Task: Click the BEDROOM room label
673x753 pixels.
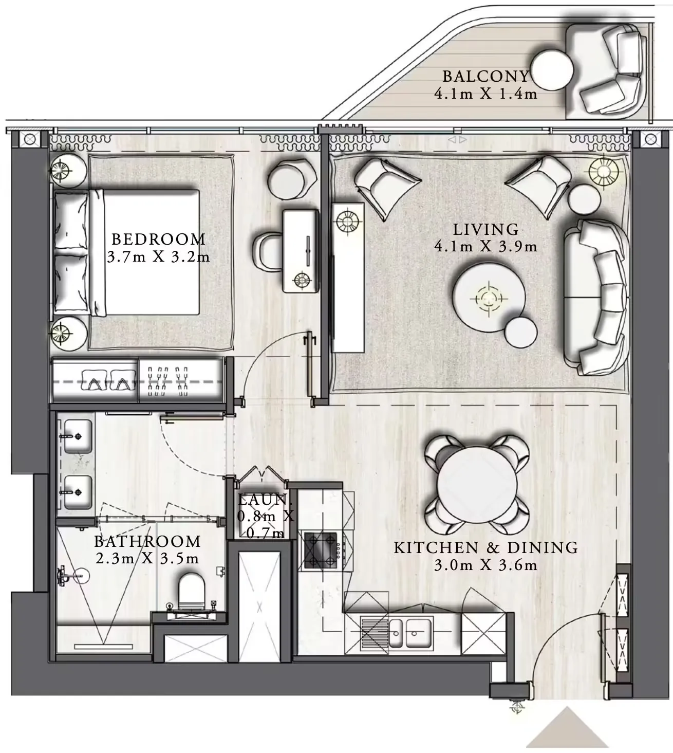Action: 158,239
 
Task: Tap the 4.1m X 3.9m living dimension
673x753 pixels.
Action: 485,247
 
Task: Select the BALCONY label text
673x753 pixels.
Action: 485,77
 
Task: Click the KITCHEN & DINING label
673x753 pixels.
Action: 485,548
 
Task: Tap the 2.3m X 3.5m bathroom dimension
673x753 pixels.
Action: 147,558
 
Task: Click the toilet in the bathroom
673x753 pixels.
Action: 191,591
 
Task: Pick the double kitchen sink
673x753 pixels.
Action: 409,633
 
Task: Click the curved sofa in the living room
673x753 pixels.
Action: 599,297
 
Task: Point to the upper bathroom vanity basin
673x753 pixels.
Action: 78,436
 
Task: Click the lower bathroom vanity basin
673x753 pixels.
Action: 78,492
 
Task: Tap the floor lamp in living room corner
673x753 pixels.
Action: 604,170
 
